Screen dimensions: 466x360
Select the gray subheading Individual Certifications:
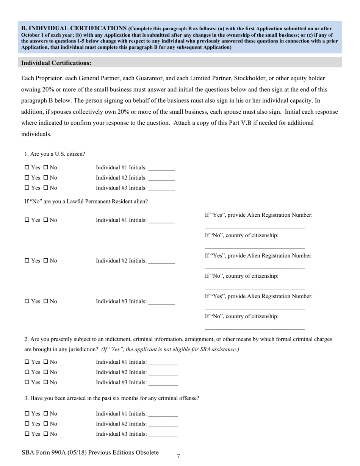click(56, 63)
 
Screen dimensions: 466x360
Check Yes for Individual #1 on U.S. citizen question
click(27, 167)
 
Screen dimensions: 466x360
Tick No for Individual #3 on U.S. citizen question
click(46, 188)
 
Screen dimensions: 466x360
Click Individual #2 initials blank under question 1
click(162, 178)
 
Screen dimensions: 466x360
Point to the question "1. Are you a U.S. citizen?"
click(55, 154)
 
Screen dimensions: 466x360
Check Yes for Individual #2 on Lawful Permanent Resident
click(27, 261)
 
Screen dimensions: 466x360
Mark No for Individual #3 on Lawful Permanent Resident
click(46, 301)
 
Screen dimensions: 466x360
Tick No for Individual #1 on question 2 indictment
click(46, 362)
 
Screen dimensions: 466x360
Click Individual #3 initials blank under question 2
click(163, 383)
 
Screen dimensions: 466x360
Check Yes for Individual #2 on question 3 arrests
click(27, 424)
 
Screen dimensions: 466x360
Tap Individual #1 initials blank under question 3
click(163, 414)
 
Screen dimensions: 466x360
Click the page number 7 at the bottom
click(178, 456)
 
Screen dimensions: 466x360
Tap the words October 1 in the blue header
click(34, 35)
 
